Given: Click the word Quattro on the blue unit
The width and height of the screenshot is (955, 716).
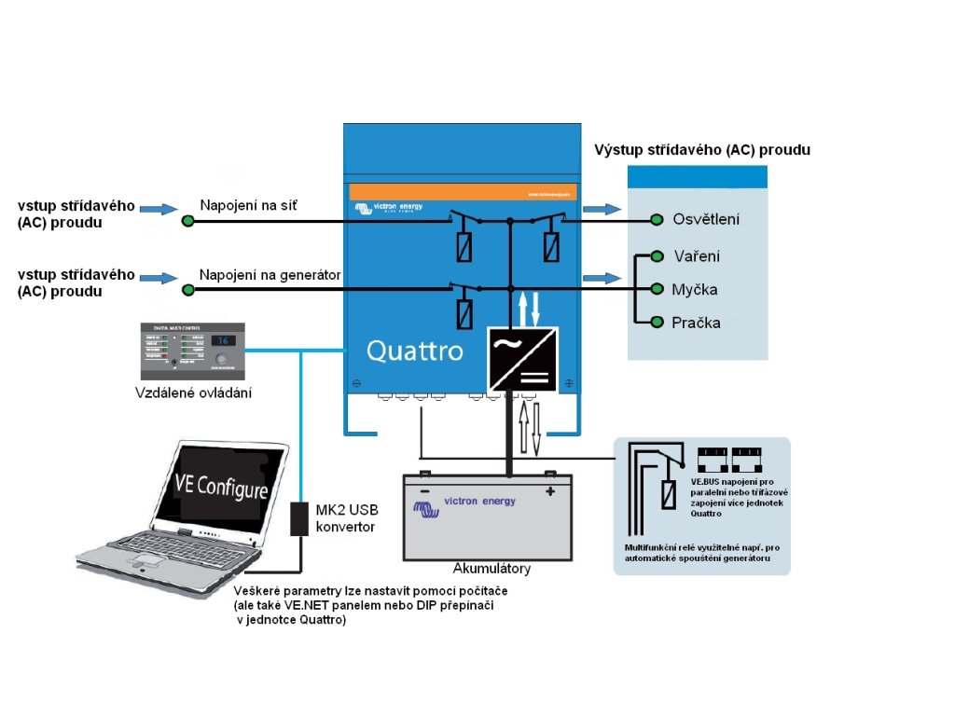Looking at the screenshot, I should pyautogui.click(x=414, y=351).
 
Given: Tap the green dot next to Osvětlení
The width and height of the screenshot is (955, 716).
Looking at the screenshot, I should pyautogui.click(x=656, y=220).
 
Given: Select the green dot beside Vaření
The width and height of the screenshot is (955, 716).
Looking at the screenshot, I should pyautogui.click(x=657, y=255).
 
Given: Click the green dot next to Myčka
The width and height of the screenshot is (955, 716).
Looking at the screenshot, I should pyautogui.click(x=656, y=289).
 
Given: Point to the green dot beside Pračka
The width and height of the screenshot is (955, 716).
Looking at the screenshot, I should pyautogui.click(x=657, y=323).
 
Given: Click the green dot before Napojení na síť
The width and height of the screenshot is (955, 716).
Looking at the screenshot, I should pyautogui.click(x=187, y=220).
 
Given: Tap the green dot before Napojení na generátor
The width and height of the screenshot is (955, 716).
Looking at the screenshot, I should pyautogui.click(x=188, y=290).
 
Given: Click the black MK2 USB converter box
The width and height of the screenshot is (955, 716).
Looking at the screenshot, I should pyautogui.click(x=299, y=518).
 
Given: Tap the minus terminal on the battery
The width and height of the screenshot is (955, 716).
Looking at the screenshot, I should pyautogui.click(x=424, y=489).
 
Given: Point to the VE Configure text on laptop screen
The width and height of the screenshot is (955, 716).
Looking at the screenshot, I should pyautogui.click(x=221, y=487).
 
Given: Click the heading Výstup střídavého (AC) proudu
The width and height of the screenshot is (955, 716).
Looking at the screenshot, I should pyautogui.click(x=702, y=149).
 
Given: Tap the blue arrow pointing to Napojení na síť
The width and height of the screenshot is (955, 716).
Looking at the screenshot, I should pyautogui.click(x=159, y=209).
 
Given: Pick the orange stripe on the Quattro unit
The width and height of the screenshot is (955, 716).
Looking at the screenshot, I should pyautogui.click(x=464, y=192).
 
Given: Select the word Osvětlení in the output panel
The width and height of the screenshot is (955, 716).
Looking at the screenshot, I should pyautogui.click(x=706, y=220).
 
